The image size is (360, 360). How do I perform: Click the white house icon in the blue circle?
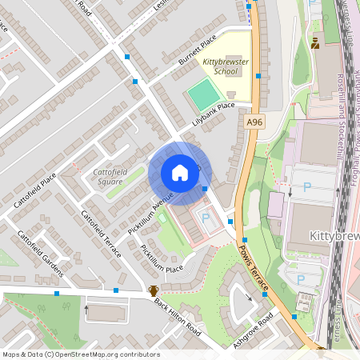click(x=180, y=172)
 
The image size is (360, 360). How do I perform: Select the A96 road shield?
click(x=254, y=122)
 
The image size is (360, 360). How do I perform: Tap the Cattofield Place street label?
click(x=34, y=190)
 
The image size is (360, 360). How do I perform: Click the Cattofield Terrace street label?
click(x=101, y=233)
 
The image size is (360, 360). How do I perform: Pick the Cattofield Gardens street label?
click(x=40, y=254)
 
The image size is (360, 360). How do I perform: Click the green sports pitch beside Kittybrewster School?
click(x=202, y=95)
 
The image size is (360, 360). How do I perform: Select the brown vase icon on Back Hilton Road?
click(x=153, y=291)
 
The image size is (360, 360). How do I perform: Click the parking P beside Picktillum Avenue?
click(x=206, y=218)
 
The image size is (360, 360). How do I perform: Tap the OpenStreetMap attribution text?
click(x=81, y=354)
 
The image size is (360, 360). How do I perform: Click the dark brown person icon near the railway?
click(x=315, y=43)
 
